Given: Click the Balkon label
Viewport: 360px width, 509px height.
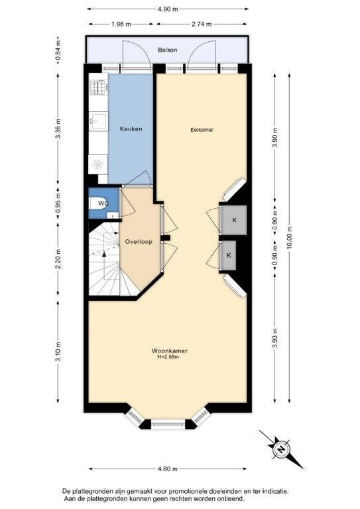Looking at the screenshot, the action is coord(168,50).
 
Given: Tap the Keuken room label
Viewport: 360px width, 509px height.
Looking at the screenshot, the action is coord(131,129).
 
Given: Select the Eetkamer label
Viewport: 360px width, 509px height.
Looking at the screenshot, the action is coord(202,130).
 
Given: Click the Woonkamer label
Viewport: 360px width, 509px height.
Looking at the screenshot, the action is coord(170,351).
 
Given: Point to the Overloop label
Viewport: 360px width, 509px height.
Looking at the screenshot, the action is coord(139,242).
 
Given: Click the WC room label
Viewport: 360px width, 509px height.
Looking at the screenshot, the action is coord(103,203).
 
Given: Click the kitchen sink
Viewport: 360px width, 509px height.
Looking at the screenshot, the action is coord(98,121).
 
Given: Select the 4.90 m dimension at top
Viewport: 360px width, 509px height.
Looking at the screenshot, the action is coord(168,9).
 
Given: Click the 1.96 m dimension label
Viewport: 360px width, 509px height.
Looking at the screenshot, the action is coord(121,24).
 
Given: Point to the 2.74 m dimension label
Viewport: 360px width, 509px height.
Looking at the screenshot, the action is coord(202,24).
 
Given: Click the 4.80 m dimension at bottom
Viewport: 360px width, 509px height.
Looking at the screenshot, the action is coord(168,469).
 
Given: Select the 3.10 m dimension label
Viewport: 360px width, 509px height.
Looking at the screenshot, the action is coord(58,351).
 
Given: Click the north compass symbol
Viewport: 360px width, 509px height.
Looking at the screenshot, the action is coord(281,449).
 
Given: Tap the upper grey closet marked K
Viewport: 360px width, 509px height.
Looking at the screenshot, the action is coord(234,220).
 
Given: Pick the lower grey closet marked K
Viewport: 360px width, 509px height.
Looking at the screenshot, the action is coord(229,255).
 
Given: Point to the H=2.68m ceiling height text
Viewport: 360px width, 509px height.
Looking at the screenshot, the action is coord(168,357).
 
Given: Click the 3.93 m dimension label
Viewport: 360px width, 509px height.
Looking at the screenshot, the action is coord(275,339).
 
